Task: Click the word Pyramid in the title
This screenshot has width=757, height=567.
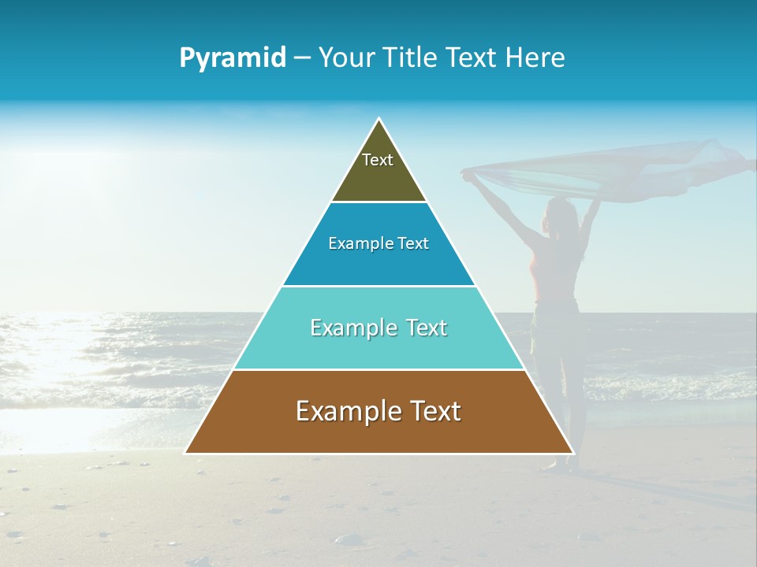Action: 233,57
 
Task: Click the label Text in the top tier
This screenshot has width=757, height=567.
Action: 378,160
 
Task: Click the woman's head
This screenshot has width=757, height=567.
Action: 558,213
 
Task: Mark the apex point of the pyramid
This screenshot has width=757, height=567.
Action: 379,119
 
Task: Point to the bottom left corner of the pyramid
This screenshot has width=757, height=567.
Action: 186,453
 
